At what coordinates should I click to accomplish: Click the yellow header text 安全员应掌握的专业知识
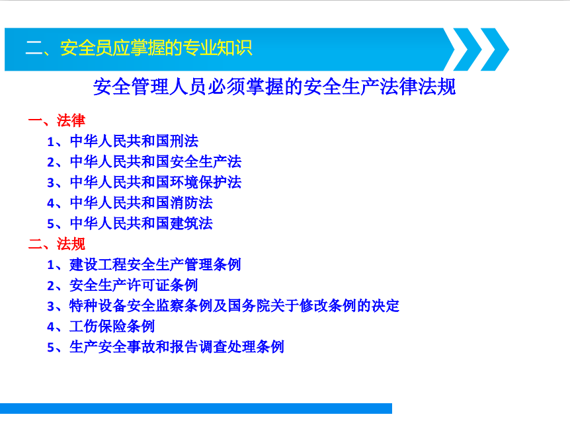[x=156, y=48]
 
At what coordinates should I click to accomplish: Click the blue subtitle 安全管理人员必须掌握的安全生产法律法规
[x=274, y=87]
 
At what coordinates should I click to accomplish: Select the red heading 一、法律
[x=57, y=120]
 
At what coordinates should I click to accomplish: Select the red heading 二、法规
[x=57, y=244]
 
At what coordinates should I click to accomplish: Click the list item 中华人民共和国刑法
[x=134, y=141]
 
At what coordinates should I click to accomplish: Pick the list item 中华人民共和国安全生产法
[x=155, y=162]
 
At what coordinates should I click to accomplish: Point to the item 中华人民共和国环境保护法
[x=155, y=182]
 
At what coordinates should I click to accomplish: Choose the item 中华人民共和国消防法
[x=142, y=203]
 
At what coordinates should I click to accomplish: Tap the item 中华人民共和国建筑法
[x=142, y=223]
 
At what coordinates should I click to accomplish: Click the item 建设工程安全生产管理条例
[x=155, y=264]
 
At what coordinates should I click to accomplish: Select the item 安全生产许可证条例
[x=134, y=285]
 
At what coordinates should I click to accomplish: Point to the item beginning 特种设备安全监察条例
[x=234, y=306]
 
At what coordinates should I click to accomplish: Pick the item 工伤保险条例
[x=112, y=326]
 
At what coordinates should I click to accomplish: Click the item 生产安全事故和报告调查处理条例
[x=177, y=347]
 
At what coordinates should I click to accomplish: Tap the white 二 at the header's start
[x=34, y=48]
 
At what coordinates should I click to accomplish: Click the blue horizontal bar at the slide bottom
[x=196, y=409]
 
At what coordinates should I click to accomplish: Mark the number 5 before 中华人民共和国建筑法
[x=50, y=224]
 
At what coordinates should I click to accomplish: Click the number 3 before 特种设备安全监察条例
[x=50, y=307]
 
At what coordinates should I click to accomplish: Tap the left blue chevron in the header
[x=466, y=50]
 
